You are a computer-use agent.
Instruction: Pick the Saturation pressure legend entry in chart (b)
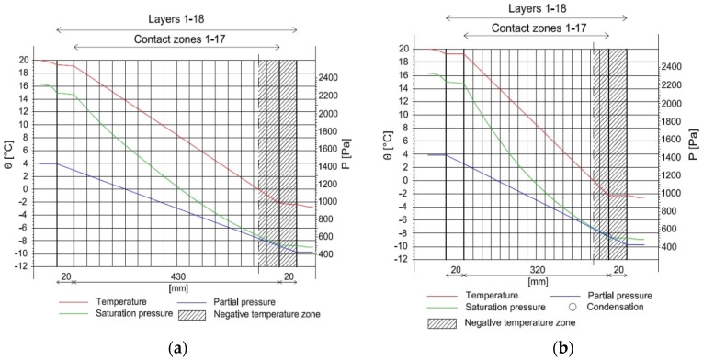(471, 307)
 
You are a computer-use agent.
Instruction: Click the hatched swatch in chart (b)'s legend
(443, 323)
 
